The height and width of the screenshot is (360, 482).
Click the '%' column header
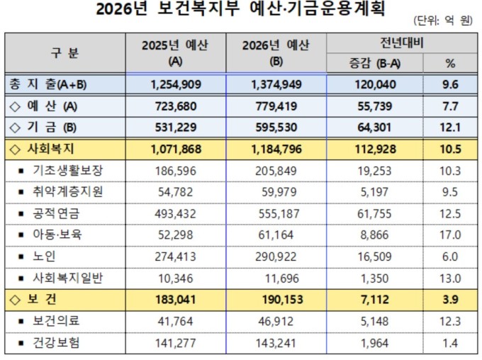[x=451, y=63]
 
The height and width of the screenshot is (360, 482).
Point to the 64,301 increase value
[x=371, y=128]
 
